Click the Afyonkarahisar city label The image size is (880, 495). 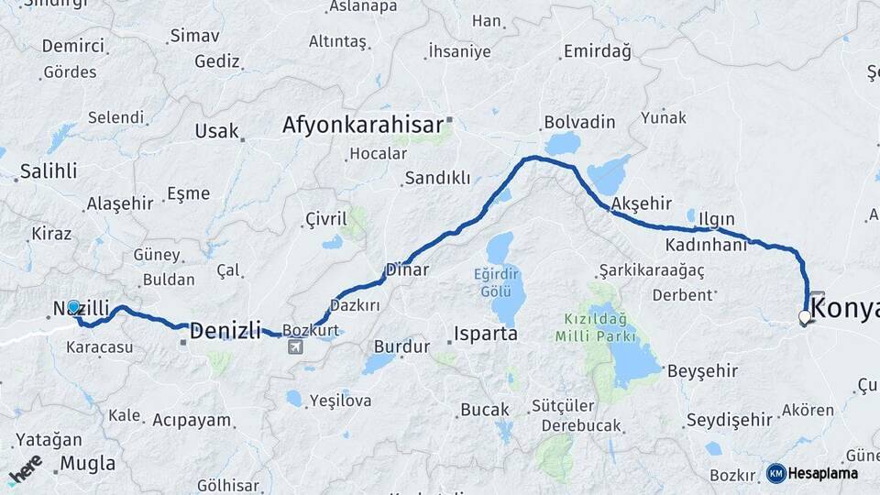(x=363, y=124)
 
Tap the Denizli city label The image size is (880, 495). (x=225, y=328)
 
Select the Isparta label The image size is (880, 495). (x=485, y=334)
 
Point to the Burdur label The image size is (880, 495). (x=401, y=347)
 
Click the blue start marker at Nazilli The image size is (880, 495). (x=73, y=306)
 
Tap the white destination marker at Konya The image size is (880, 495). (x=805, y=317)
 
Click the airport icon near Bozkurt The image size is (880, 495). (x=295, y=346)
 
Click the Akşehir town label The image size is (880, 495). (x=641, y=203)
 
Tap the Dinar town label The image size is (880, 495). (x=407, y=269)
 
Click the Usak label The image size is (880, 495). (x=216, y=131)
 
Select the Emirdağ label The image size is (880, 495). (x=597, y=51)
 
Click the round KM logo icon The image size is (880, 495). (x=775, y=473)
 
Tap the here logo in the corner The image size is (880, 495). (x=25, y=468)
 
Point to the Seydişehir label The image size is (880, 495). (x=729, y=419)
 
